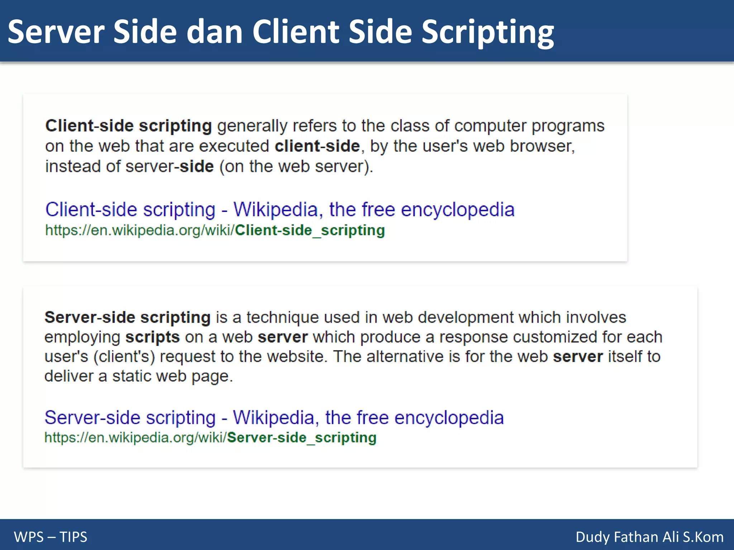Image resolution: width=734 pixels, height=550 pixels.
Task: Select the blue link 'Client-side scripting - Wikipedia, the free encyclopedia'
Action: [x=280, y=209]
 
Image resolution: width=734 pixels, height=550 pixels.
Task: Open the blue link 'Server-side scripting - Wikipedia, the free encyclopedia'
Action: [x=274, y=418]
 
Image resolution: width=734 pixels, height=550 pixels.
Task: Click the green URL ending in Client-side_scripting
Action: [x=215, y=230]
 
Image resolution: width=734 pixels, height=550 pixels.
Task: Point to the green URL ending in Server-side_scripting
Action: [x=210, y=438]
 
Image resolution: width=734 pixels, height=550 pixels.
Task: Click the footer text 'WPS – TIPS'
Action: [x=51, y=537]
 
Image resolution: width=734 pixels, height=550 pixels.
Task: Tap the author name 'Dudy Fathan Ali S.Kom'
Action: [x=649, y=537]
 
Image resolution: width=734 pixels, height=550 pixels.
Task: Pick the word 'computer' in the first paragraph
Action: [x=490, y=126]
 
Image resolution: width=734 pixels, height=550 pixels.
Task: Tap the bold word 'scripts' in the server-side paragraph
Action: [x=152, y=337]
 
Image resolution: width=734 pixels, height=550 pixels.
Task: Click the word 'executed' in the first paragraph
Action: [x=234, y=146]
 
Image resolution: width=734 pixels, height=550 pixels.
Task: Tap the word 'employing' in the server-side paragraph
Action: [x=82, y=337]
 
